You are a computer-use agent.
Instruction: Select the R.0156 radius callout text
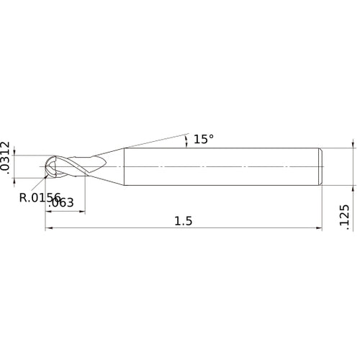coord(41,196)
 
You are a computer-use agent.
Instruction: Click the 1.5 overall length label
coord(184,221)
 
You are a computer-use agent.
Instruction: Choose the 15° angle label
coord(204,139)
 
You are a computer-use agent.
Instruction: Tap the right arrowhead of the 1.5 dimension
coord(318,229)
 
